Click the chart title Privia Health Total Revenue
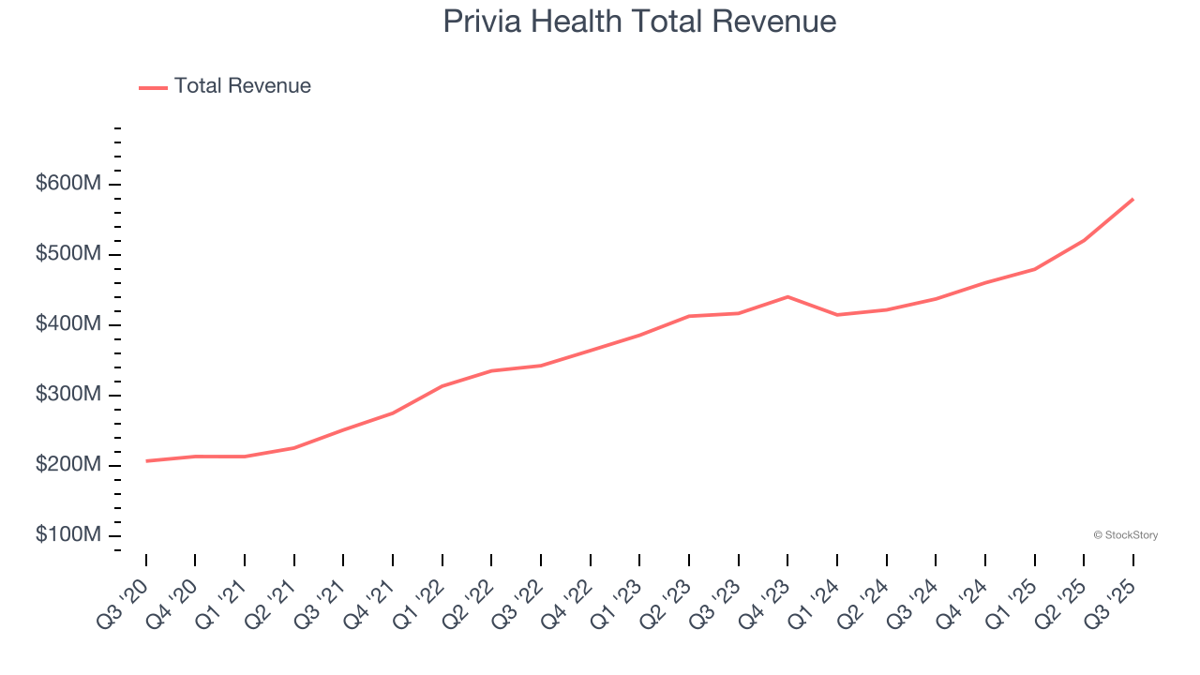point(639,22)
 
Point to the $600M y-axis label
point(68,184)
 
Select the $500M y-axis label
point(68,254)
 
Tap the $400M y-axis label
point(68,324)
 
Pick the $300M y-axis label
point(68,395)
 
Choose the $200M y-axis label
point(68,465)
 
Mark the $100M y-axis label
point(68,535)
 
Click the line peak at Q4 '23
point(787,296)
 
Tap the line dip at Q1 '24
point(837,315)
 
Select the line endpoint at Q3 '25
point(1132,199)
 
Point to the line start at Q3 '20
point(146,461)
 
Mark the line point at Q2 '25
point(1084,240)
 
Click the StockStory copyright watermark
point(1125,535)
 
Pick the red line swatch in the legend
point(153,87)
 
